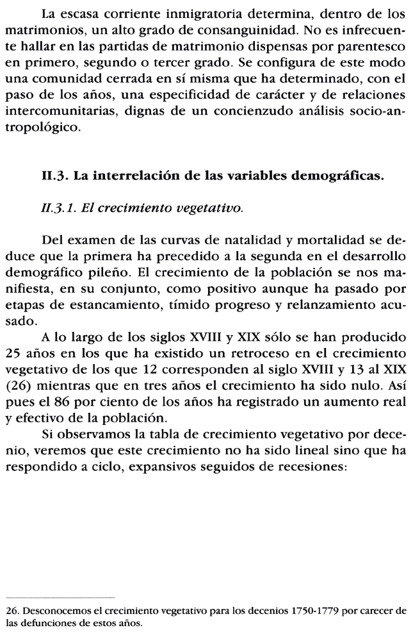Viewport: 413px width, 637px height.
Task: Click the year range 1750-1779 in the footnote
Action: pos(296,611)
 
